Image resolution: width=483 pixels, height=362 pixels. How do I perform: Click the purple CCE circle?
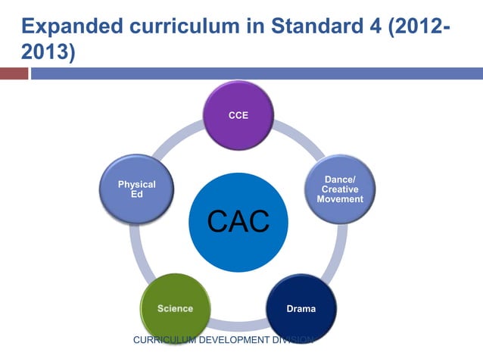[238, 116]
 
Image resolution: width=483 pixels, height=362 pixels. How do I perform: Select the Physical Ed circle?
[137, 190]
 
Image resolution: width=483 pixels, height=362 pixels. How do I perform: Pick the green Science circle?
[175, 308]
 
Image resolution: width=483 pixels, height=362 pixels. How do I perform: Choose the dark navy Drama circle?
[301, 309]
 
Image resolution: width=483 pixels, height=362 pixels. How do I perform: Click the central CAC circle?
[238, 220]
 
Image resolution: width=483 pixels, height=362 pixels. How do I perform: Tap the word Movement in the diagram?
[340, 199]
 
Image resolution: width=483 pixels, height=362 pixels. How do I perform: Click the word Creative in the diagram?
[340, 189]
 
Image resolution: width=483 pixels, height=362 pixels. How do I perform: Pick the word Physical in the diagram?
[137, 184]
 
